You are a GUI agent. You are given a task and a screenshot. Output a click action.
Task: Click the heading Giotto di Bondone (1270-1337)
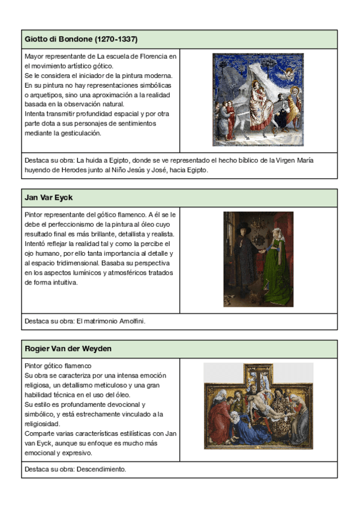point(81,40)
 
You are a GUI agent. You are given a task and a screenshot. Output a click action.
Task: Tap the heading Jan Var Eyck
point(49,197)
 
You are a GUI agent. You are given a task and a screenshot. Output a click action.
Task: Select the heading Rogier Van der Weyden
point(68,349)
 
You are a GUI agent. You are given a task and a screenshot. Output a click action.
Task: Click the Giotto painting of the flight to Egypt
point(259,100)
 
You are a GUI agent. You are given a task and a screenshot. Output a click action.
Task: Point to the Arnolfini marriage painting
point(259,259)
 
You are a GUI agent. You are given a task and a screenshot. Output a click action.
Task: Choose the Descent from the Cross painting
point(258,406)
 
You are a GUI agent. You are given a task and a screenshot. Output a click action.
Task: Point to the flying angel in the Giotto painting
point(290,72)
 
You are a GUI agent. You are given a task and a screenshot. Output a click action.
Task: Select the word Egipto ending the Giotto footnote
point(196,170)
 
